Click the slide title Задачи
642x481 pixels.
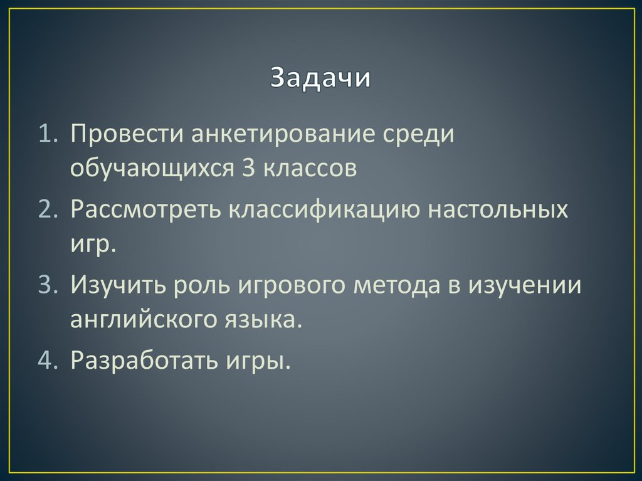point(320,79)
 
